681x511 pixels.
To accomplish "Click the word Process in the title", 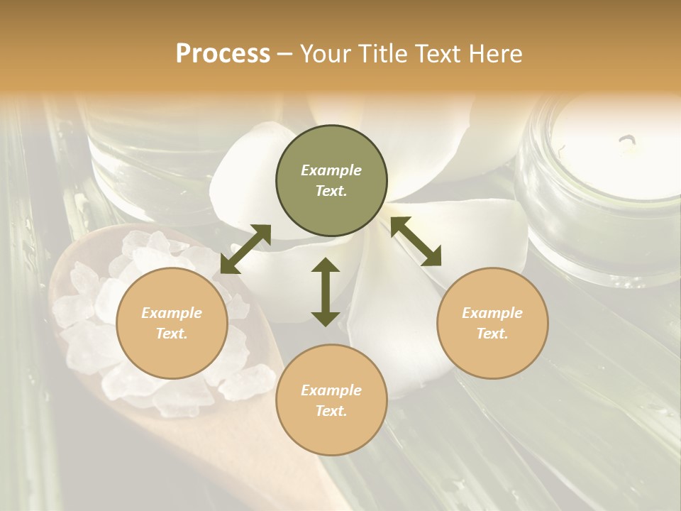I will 223,54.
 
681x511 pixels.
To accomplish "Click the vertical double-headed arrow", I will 326,292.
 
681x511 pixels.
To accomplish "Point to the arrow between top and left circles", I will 245,249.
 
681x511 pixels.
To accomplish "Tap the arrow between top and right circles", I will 416,241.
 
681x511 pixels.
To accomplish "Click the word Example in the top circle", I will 331,170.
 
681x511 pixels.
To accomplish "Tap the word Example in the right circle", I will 492,313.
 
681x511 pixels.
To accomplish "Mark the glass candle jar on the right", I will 603,192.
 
